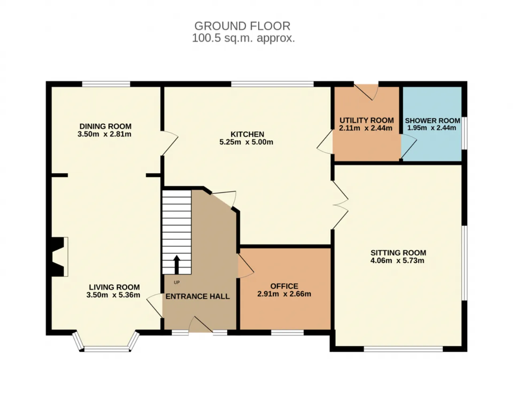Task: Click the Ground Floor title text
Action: click(242, 26)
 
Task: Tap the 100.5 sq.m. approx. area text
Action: click(243, 38)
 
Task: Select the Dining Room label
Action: click(105, 126)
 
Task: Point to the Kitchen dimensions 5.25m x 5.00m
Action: click(246, 142)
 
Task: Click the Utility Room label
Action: click(367, 120)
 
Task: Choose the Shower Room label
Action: click(432, 121)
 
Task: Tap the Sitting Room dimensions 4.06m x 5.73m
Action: click(397, 261)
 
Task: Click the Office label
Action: click(284, 286)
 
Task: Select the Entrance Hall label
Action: click(198, 296)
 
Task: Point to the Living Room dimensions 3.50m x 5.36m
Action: click(113, 295)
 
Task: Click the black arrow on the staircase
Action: click(177, 265)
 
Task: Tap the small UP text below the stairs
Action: click(177, 282)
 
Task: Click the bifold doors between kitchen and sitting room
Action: click(340, 205)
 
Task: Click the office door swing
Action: click(246, 266)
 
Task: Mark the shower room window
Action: click(464, 133)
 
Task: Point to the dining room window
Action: click(106, 84)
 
